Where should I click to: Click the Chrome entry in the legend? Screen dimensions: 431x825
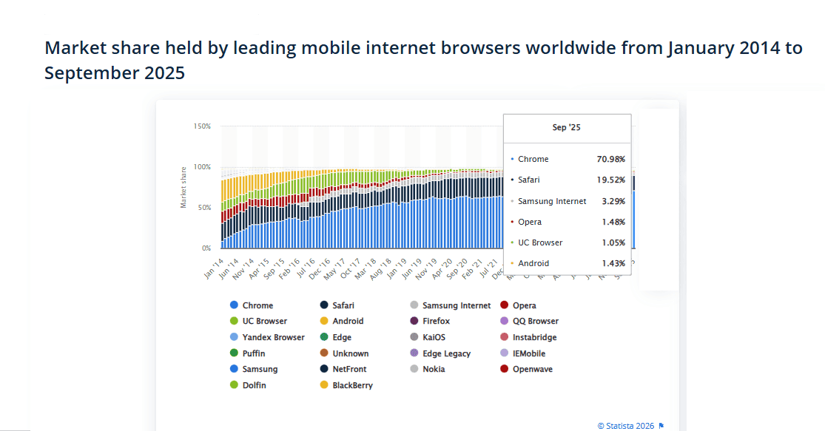click(257, 305)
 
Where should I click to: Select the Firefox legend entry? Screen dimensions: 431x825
click(436, 322)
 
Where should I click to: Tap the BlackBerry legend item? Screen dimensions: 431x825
click(352, 385)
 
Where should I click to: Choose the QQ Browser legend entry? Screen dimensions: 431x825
click(535, 322)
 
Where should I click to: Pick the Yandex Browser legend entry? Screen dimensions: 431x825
click(273, 337)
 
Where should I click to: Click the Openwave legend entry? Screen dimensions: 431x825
click(532, 369)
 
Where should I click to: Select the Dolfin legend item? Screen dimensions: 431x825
click(254, 385)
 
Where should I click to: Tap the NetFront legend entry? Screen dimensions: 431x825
click(349, 369)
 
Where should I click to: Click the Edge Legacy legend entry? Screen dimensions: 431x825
click(446, 353)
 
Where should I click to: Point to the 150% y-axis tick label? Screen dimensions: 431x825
click(202, 126)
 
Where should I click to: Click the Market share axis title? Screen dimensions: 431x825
click(183, 187)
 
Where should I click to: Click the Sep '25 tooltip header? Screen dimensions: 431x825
click(567, 128)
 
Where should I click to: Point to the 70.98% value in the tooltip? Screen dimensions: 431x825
click(611, 160)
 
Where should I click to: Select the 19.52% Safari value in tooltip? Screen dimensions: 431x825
click(611, 180)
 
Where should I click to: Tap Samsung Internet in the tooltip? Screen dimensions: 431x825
click(552, 201)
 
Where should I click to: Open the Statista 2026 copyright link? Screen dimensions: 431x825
click(626, 425)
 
